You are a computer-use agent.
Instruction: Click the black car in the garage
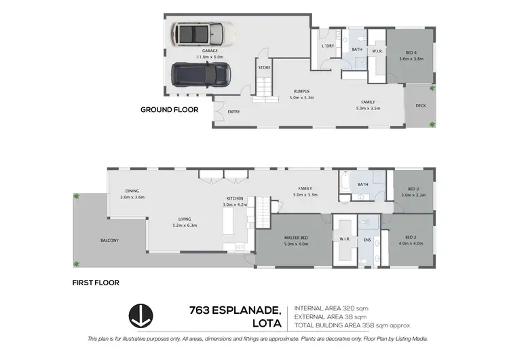click(x=200, y=73)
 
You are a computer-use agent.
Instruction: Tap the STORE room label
click(x=265, y=68)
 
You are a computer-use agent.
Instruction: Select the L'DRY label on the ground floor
click(x=327, y=46)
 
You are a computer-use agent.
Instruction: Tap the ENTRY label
click(x=233, y=111)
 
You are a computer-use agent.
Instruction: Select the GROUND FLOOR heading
click(x=169, y=109)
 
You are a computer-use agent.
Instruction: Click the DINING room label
click(x=132, y=191)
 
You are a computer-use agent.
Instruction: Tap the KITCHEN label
click(x=234, y=199)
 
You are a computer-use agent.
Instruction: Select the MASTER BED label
click(x=297, y=237)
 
